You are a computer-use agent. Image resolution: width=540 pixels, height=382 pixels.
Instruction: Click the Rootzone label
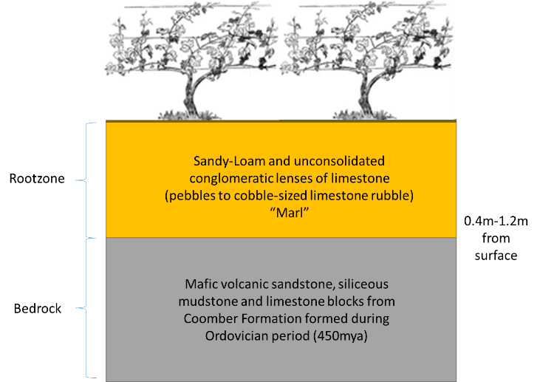pos(37,178)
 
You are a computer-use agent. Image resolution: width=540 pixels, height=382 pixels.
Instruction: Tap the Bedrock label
pos(38,308)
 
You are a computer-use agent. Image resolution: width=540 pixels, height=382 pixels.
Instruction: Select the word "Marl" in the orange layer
pos(289,213)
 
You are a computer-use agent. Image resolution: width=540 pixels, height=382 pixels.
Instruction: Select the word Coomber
pos(211,318)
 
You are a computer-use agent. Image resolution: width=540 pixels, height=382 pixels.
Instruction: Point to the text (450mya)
pos(341,336)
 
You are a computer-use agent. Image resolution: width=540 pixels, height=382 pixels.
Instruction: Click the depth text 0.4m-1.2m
pos(496,221)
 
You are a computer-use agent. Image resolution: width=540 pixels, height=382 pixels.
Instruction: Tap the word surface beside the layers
pos(496,256)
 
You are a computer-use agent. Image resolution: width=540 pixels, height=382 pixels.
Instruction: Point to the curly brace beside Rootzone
pos(86,180)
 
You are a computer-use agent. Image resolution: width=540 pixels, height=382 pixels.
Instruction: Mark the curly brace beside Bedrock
pos(86,308)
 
